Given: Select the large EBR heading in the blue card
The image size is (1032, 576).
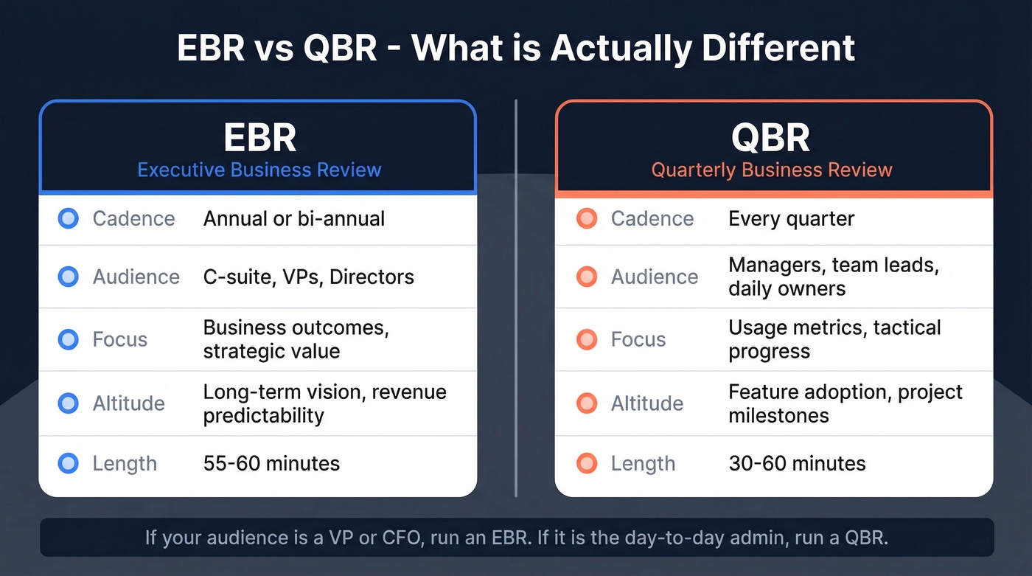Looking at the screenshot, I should pyautogui.click(x=259, y=138).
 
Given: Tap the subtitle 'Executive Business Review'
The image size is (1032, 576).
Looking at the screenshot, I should pyautogui.click(x=259, y=170).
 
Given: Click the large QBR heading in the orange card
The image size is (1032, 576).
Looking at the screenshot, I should pyautogui.click(x=771, y=138).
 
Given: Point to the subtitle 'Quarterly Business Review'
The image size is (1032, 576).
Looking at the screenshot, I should pyautogui.click(x=771, y=170).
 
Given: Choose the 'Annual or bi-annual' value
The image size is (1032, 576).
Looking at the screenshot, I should pyautogui.click(x=294, y=219).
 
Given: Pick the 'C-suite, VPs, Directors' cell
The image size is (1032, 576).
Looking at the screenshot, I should pyautogui.click(x=308, y=277).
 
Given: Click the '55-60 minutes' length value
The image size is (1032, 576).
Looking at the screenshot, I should pyautogui.click(x=271, y=464).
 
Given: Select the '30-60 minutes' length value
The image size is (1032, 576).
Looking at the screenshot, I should pyautogui.click(x=797, y=464).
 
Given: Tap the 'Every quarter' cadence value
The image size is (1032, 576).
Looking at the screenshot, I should pyautogui.click(x=791, y=219).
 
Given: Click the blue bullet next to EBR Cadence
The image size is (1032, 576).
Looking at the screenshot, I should pyautogui.click(x=69, y=219).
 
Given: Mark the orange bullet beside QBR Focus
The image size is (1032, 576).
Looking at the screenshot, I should pyautogui.click(x=587, y=340).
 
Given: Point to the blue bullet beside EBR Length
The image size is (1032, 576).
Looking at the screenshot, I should pyautogui.click(x=69, y=464).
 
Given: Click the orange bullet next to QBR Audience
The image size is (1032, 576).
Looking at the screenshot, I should pyautogui.click(x=587, y=277).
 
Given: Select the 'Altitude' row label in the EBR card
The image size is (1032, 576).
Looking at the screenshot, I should pyautogui.click(x=128, y=403).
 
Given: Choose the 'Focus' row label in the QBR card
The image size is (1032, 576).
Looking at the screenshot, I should pyautogui.click(x=638, y=340).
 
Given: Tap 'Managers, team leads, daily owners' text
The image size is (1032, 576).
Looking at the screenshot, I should pyautogui.click(x=833, y=277).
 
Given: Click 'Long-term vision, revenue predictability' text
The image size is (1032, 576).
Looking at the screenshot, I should pyautogui.click(x=324, y=403).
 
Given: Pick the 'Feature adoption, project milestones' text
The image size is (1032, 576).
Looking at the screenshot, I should pyautogui.click(x=845, y=403).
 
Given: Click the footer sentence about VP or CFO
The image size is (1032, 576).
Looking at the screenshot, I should pyautogui.click(x=516, y=538).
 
